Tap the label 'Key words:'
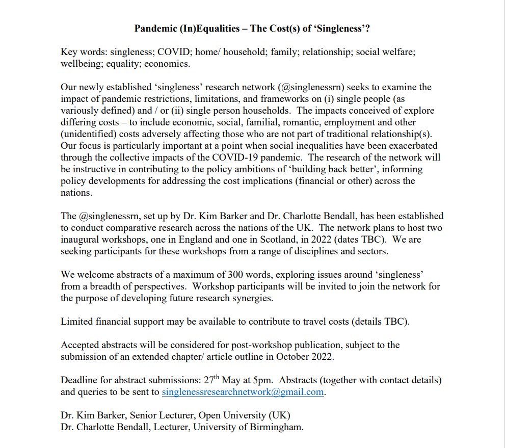[82, 53]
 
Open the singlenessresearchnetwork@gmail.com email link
[243, 392]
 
